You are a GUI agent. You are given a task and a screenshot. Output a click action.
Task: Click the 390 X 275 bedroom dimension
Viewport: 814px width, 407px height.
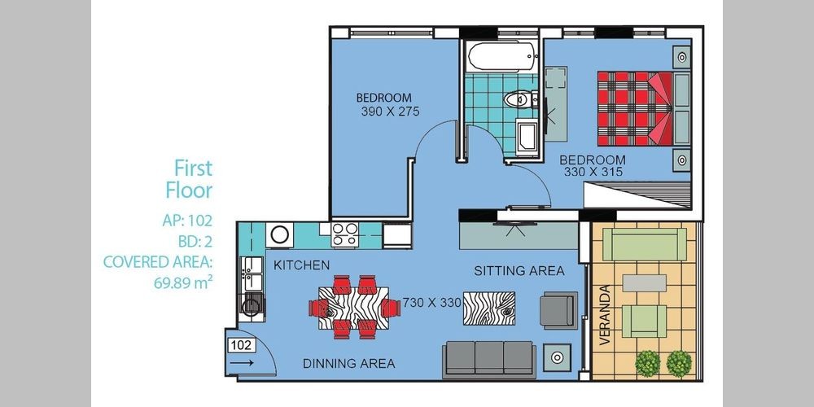pyautogui.click(x=390, y=111)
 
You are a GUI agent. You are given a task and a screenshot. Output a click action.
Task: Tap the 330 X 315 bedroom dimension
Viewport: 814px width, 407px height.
pyautogui.click(x=593, y=171)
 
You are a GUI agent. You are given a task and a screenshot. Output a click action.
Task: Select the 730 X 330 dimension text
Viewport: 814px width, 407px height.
pyautogui.click(x=432, y=303)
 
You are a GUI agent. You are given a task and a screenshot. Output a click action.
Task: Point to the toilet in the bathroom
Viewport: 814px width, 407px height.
pyautogui.click(x=521, y=98)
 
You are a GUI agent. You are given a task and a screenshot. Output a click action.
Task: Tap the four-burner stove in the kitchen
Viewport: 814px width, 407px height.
pyautogui.click(x=345, y=234)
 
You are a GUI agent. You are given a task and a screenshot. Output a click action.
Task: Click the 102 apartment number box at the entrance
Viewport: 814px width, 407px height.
pyautogui.click(x=242, y=345)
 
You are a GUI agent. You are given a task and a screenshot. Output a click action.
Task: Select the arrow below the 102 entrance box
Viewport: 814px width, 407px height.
pyautogui.click(x=241, y=363)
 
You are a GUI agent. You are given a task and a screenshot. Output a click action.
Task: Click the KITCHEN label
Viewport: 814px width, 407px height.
pyautogui.click(x=302, y=265)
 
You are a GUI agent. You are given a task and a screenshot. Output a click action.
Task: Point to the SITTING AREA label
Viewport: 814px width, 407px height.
pyautogui.click(x=519, y=270)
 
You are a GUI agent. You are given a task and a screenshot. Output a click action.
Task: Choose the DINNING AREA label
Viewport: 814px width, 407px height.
pyautogui.click(x=349, y=363)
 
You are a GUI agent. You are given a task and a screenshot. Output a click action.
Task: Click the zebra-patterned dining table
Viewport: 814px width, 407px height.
pyautogui.click(x=353, y=308)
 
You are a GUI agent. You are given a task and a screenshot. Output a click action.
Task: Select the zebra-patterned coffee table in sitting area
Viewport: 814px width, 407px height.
pyautogui.click(x=489, y=308)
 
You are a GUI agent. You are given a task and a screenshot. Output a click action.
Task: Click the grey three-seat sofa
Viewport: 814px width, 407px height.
pyautogui.click(x=489, y=359)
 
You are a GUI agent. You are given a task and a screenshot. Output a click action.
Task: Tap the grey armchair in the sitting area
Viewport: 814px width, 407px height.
pyautogui.click(x=558, y=310)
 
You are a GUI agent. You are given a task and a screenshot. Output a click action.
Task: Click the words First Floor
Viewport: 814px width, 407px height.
pyautogui.click(x=190, y=179)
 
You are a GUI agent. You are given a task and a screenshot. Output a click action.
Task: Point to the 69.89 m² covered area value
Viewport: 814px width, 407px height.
pyautogui.click(x=183, y=283)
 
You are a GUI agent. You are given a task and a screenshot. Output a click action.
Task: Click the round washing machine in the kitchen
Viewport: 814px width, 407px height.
pyautogui.click(x=280, y=234)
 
